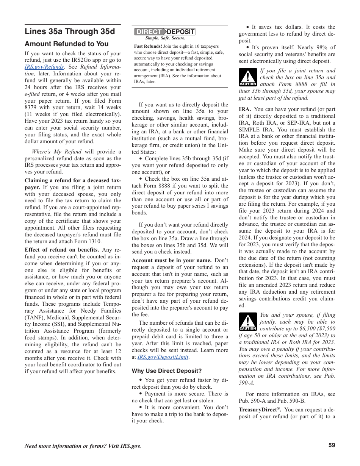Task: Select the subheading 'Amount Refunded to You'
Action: [66, 44]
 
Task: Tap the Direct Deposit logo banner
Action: [165, 32]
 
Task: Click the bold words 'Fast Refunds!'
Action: [148, 47]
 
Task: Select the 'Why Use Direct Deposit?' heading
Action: [167, 371]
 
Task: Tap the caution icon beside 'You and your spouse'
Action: [247, 322]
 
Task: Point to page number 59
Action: [332, 445]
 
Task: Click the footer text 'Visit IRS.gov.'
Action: [124, 446]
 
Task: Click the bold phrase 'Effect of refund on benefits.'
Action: [62, 250]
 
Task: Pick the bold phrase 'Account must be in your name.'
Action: [171, 260]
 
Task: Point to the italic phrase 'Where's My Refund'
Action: [57, 152]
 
